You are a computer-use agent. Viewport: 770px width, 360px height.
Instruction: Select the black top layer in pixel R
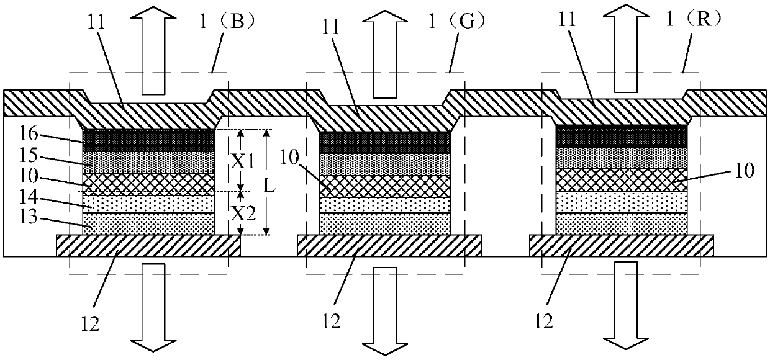click(622, 136)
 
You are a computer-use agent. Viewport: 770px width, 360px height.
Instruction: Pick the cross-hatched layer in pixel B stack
click(149, 184)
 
